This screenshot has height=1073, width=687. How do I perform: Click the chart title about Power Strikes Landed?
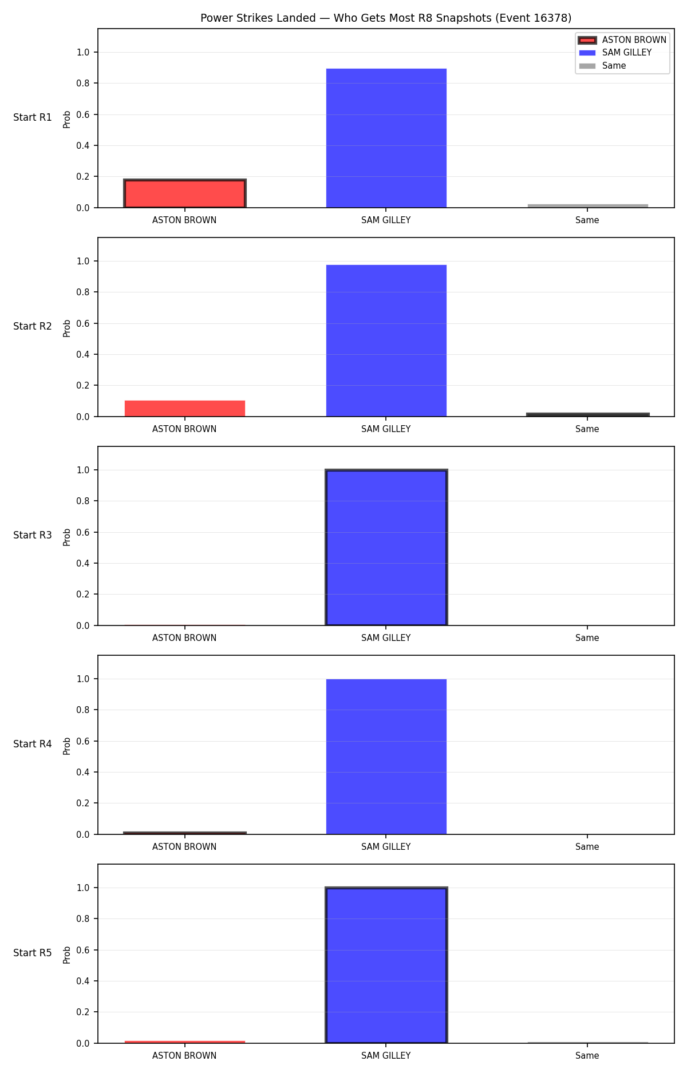pos(386,18)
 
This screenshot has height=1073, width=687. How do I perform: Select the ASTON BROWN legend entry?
pos(622,40)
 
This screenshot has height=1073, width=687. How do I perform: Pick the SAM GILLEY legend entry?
pos(615,53)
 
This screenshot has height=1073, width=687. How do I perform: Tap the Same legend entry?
pos(603,66)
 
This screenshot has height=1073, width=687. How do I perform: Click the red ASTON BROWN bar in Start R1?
pos(185,193)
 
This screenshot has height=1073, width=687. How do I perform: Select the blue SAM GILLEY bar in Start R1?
pos(386,138)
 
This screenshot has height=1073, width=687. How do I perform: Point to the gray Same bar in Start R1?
pos(588,205)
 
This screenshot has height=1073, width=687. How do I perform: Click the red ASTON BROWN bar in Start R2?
pos(185,409)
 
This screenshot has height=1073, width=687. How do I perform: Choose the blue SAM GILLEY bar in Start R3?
pos(386,548)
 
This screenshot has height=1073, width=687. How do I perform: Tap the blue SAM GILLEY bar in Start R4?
pos(386,757)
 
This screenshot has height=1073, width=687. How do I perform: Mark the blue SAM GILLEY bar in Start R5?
pos(386,965)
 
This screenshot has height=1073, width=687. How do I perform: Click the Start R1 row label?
pos(33,117)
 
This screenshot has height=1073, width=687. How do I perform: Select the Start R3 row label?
pos(33,535)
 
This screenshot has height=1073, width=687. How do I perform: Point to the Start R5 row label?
pos(33,953)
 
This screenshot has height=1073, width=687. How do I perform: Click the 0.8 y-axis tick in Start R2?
pos(83,292)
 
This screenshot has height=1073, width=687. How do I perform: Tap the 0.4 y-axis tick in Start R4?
pos(83,772)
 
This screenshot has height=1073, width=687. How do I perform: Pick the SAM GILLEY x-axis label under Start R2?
pos(386,429)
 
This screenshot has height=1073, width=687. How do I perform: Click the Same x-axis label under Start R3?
pos(587,638)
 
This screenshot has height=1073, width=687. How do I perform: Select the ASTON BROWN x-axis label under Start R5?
pos(184,1056)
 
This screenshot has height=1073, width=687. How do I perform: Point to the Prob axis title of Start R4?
pos(67,746)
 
